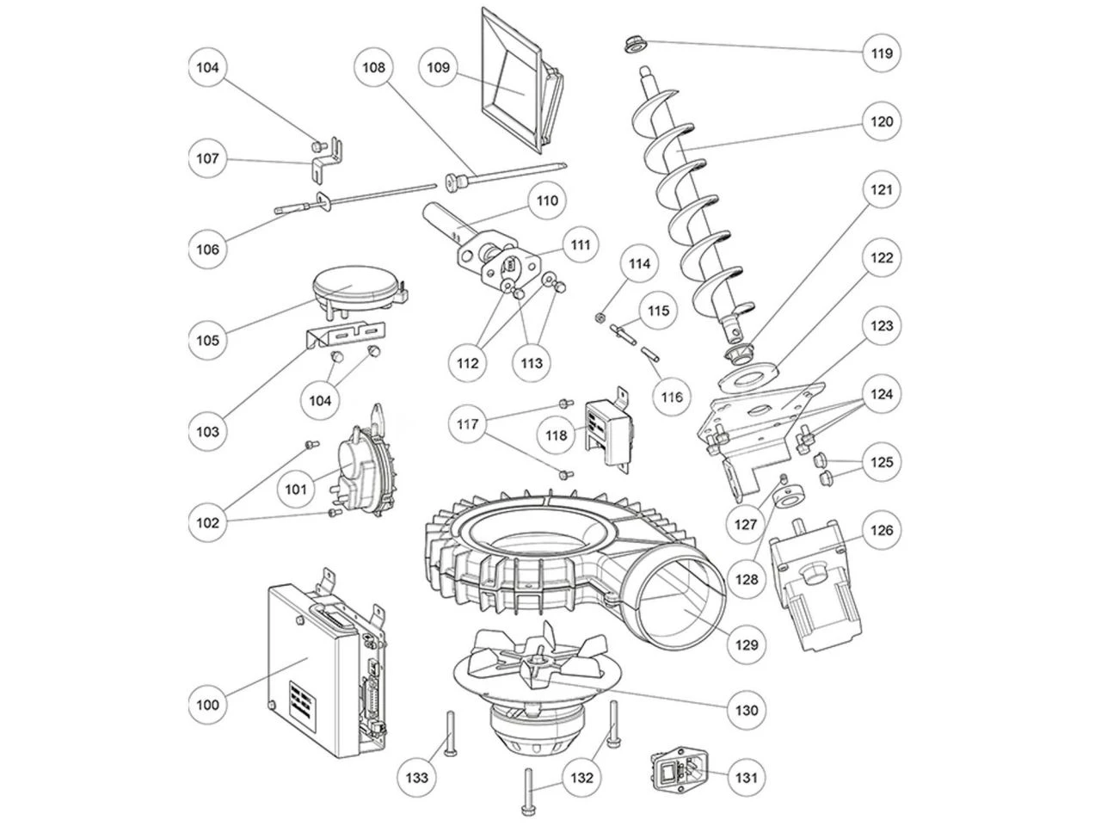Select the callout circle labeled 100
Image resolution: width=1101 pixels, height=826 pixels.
(x=209, y=705)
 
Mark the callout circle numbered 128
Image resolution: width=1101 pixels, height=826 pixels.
(x=747, y=579)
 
